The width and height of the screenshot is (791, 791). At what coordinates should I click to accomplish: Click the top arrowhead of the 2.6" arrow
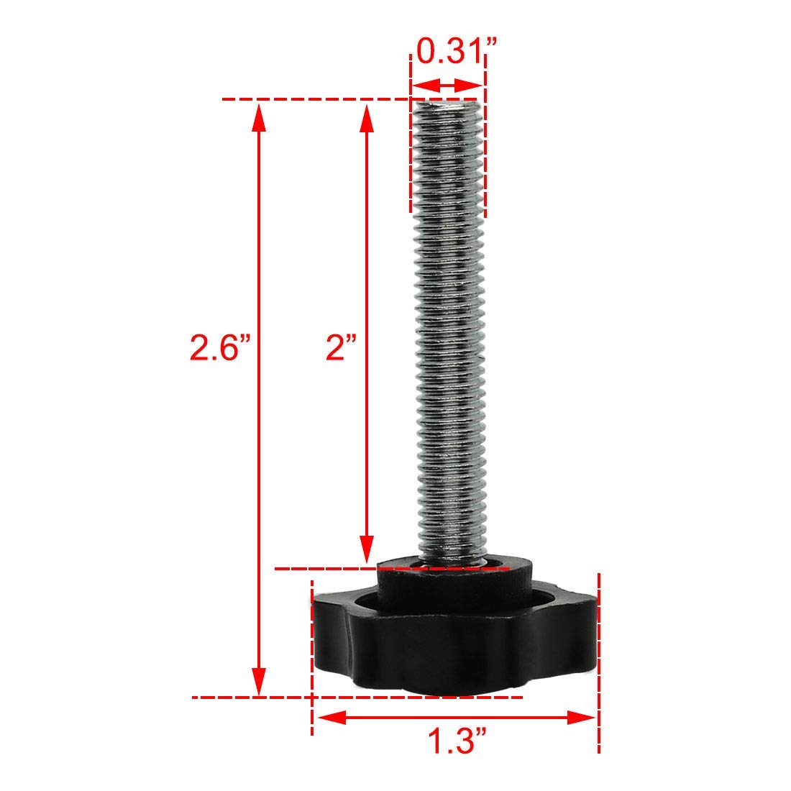click(260, 115)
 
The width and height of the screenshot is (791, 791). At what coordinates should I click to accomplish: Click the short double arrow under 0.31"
click(447, 85)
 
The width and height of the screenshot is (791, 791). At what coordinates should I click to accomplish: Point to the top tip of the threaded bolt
click(446, 102)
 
